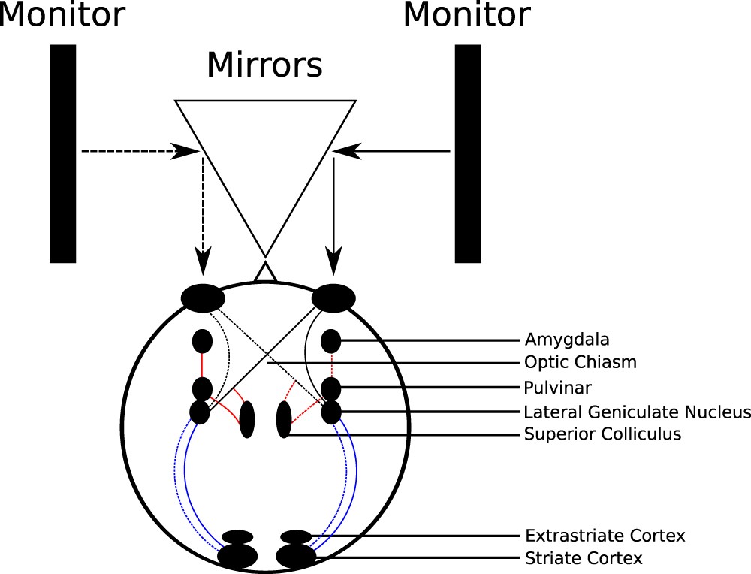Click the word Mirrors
coord(264,65)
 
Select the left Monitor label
coord(62,14)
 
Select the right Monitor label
coord(466,14)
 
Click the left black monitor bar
coord(62,153)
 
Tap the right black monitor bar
coord(468,153)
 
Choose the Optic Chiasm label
coord(581,362)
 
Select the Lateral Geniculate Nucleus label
coord(637,412)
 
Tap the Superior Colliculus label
coord(602,434)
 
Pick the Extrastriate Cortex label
coord(605,536)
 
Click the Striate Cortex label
coord(583,558)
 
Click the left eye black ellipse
coord(203,297)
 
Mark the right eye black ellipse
coord(333,297)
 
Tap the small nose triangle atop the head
coord(265,272)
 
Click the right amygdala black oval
coord(330,342)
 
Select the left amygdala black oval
coord(202,342)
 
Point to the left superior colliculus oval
coord(247,419)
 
